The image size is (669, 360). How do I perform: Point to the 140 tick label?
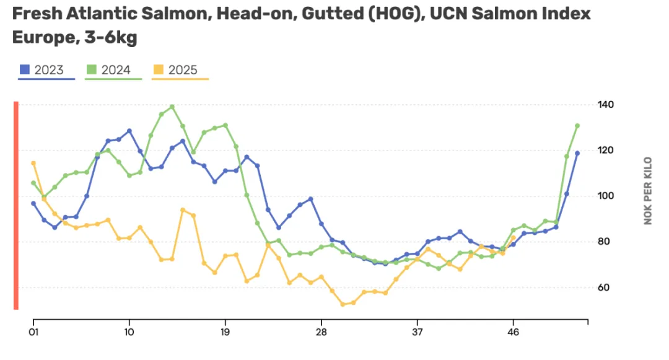pos(606,105)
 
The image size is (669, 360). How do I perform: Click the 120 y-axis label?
pos(606,151)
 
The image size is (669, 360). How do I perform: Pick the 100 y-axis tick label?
pos(606,196)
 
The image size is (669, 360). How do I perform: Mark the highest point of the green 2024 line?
pos(172,107)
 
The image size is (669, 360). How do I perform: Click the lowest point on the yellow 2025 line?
pos(343,304)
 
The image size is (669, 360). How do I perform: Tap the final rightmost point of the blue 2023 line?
pos(577,153)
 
